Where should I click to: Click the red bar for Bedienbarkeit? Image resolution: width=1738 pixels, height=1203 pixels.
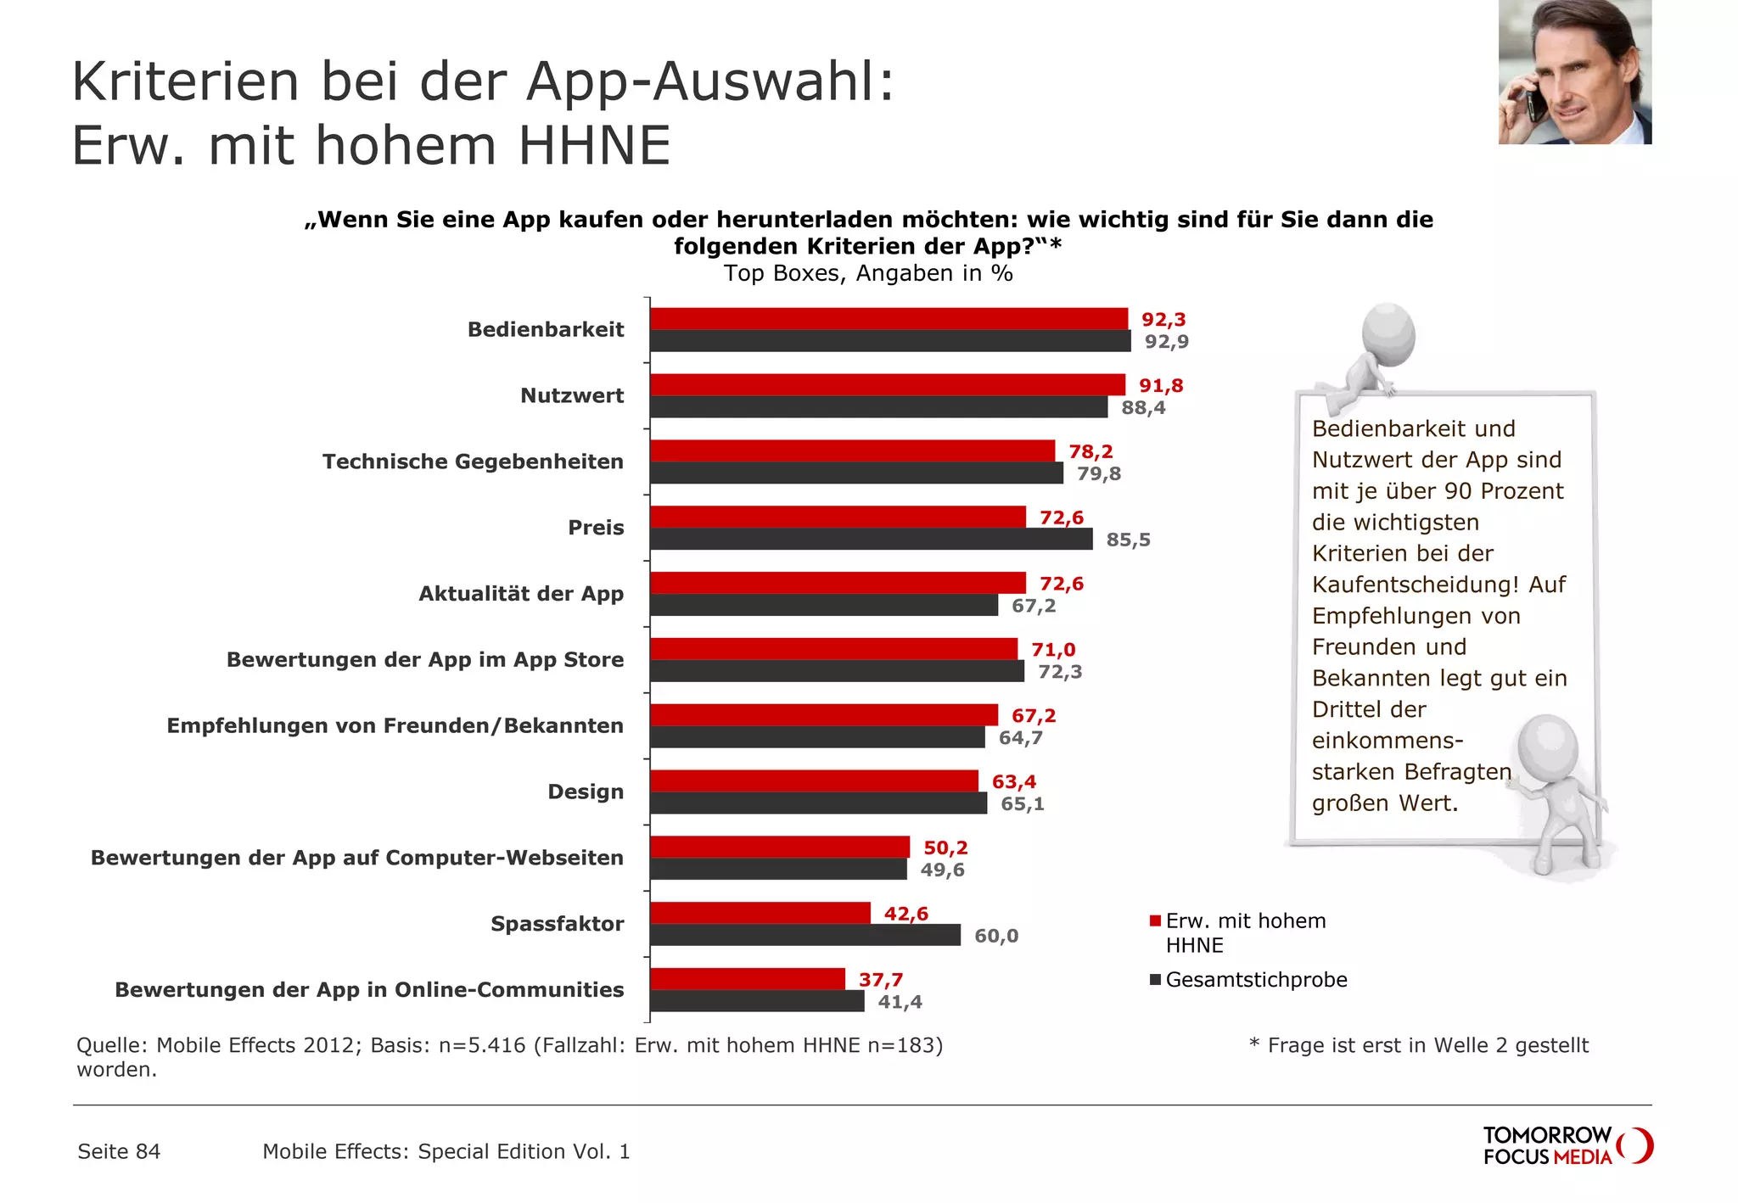tap(889, 319)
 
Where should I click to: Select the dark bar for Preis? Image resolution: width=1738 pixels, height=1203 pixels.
tap(871, 540)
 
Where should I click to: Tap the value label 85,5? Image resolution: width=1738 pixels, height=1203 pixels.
tap(1128, 540)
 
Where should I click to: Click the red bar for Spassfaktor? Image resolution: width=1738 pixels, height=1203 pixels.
tap(760, 913)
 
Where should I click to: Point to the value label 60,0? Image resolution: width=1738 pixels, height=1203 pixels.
tap(996, 936)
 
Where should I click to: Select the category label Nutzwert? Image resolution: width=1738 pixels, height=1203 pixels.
tap(572, 395)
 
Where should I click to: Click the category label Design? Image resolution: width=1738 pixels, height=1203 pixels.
tap(586, 792)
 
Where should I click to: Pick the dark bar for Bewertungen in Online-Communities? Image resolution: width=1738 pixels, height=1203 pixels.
tap(757, 1002)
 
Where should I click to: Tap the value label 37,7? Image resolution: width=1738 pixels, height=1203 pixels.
tap(880, 980)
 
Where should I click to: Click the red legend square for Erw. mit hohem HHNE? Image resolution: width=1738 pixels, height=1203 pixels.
tap(1155, 921)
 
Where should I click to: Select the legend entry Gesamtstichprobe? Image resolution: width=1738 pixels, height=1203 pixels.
tap(1256, 980)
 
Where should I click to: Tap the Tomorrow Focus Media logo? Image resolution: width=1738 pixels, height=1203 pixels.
tap(1567, 1146)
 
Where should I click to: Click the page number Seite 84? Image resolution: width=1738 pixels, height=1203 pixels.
tap(119, 1151)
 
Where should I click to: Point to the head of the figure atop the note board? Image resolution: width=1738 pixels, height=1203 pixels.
tap(1389, 333)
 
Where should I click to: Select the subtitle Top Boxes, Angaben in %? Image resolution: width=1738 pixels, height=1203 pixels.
tap(868, 273)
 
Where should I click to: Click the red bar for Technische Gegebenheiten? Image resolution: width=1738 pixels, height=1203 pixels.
tap(852, 451)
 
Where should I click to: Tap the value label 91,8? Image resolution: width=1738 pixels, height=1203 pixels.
tap(1160, 386)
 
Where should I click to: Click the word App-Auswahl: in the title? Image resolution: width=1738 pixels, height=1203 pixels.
tap(710, 82)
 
